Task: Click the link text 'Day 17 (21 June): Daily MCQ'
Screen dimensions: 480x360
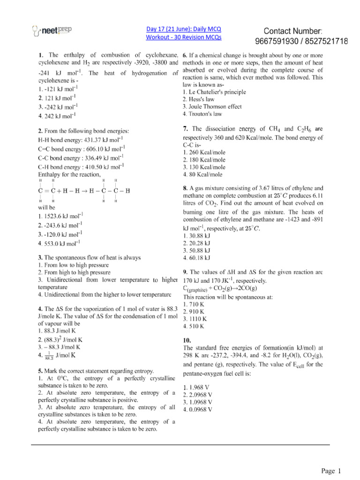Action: pos(184,28)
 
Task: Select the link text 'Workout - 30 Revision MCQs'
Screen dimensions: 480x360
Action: pos(184,37)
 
